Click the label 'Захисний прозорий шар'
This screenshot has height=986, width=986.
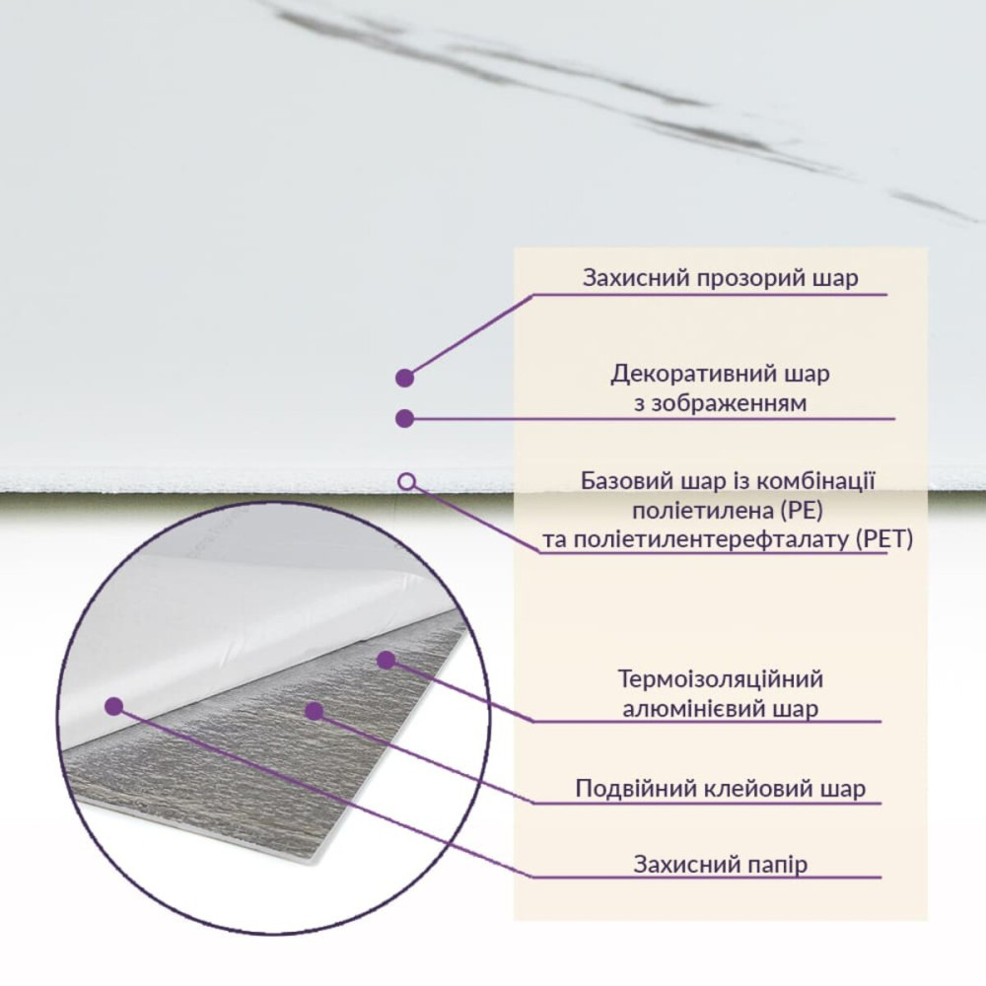(720, 278)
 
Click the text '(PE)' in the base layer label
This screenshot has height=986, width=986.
(803, 511)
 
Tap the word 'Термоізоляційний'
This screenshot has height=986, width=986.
(721, 679)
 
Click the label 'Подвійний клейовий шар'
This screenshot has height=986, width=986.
(721, 789)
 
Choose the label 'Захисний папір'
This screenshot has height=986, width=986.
(721, 865)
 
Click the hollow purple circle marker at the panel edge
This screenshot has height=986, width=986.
(407, 482)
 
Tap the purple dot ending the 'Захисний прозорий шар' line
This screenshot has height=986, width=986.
(404, 378)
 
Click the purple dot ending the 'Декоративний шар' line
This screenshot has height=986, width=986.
(404, 418)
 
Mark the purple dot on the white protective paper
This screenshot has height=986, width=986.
(113, 706)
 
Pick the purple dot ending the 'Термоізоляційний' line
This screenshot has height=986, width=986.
(387, 660)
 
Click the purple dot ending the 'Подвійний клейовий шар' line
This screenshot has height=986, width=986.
(314, 711)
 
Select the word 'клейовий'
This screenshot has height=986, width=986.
(756, 789)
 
